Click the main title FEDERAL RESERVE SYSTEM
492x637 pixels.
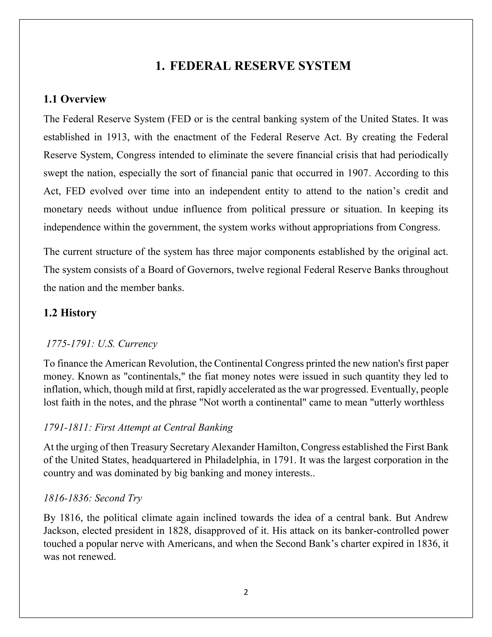[x=253, y=66]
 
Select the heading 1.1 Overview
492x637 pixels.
[x=75, y=99]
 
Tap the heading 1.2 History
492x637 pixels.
[x=70, y=313]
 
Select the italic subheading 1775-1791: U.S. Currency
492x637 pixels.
[x=102, y=344]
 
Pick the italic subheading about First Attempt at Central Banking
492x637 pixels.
[x=138, y=428]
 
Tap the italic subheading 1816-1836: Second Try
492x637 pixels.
[x=93, y=498]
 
